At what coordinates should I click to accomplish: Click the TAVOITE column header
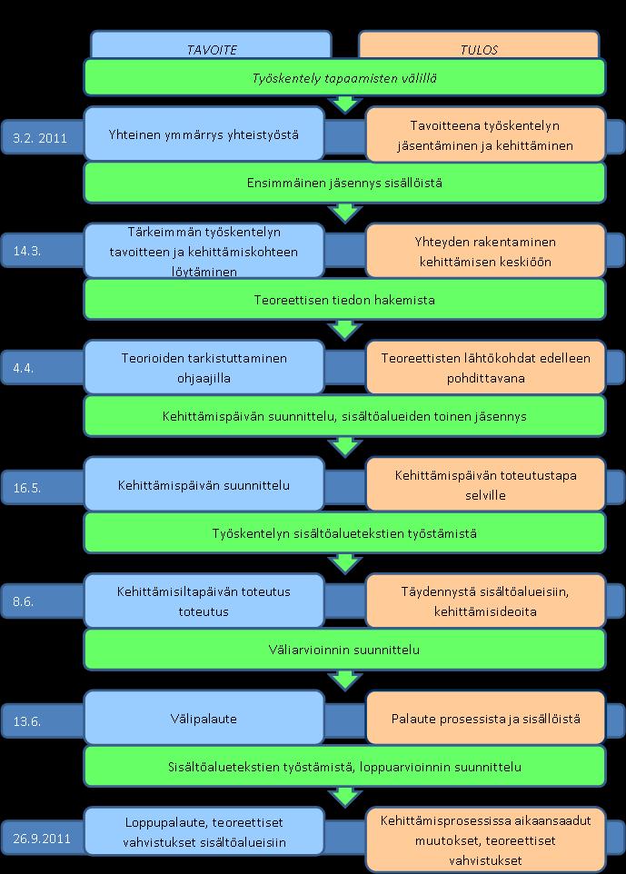click(x=212, y=50)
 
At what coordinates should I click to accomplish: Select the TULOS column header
click(x=479, y=50)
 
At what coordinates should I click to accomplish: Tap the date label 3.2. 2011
click(x=40, y=138)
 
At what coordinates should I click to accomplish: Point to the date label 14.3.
click(x=27, y=251)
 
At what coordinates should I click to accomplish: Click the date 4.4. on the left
click(x=24, y=368)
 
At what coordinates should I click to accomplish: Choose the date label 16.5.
click(x=27, y=488)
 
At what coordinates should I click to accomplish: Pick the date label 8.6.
click(x=24, y=601)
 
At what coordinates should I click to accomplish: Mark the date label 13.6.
click(x=27, y=721)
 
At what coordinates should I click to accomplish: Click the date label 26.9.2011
click(x=42, y=839)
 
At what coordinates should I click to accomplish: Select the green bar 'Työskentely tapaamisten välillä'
click(x=344, y=77)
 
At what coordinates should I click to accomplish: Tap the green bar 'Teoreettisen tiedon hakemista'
click(x=344, y=299)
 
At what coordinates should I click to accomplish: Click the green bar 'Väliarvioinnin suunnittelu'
click(x=344, y=650)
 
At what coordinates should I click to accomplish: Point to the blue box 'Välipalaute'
click(x=204, y=718)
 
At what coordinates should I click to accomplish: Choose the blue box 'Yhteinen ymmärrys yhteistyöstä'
click(x=204, y=134)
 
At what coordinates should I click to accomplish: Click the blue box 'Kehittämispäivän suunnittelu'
click(x=204, y=484)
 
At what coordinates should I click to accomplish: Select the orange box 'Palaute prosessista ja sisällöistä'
click(x=485, y=718)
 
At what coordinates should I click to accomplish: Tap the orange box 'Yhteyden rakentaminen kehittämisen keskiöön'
click(x=485, y=251)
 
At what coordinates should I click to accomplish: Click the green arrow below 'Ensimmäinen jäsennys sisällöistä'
click(x=345, y=213)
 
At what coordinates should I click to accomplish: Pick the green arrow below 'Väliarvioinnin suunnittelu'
click(x=345, y=680)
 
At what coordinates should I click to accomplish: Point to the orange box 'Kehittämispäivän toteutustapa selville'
click(x=485, y=484)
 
